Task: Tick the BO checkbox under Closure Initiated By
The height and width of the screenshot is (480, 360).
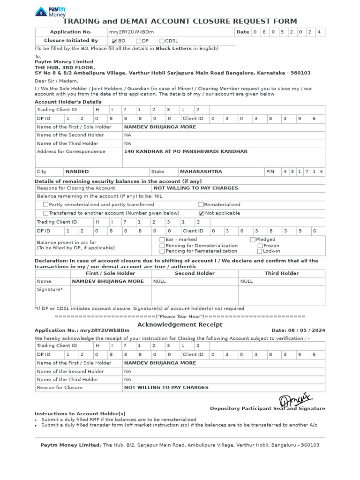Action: [115, 41]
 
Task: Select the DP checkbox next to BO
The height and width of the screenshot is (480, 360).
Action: [138, 41]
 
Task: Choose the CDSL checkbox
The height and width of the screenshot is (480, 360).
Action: [162, 41]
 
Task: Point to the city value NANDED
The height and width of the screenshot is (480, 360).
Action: [77, 172]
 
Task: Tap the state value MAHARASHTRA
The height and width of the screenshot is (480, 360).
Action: [201, 172]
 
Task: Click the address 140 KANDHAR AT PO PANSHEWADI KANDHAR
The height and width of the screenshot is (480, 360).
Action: [186, 152]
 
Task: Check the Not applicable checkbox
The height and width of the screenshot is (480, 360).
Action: [202, 213]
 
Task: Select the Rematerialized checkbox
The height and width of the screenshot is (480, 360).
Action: [201, 205]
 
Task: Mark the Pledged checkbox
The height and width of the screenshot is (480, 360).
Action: [253, 240]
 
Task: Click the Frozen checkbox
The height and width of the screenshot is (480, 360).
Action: [260, 246]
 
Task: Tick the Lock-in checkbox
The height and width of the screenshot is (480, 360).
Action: [260, 251]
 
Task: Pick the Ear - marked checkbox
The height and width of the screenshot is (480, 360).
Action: [162, 240]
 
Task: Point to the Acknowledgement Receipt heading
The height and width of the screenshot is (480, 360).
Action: [180, 325]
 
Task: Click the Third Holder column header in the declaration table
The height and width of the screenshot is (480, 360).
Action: [281, 273]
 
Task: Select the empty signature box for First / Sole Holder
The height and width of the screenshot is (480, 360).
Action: [110, 296]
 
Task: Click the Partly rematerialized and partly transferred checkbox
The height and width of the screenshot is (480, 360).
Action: [45, 205]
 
